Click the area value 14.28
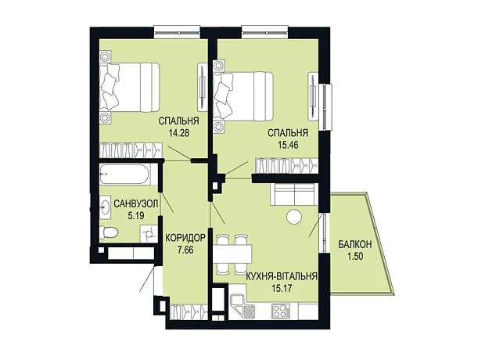[x=179, y=133]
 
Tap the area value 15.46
[x=288, y=145]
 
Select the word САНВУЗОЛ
[x=136, y=203]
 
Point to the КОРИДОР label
[x=185, y=238]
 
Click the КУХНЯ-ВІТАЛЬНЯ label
[x=282, y=275]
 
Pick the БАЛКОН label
[x=355, y=244]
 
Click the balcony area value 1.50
[x=355, y=256]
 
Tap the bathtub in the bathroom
[x=124, y=175]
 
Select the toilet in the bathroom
[x=109, y=232]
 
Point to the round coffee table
[x=294, y=217]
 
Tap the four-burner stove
[x=281, y=311]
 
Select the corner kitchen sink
[x=242, y=307]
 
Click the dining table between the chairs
[x=232, y=254]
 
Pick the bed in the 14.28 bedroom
[x=130, y=88]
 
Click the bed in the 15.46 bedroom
[x=243, y=96]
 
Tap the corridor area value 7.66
[x=185, y=250]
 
